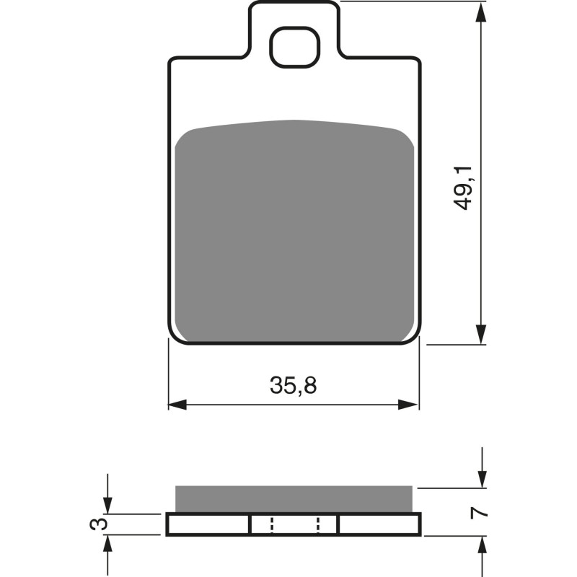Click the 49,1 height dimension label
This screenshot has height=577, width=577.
(464, 188)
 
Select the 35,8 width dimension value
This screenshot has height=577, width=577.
(294, 386)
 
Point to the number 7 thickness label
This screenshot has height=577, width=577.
(476, 514)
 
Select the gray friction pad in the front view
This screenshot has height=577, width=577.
(294, 231)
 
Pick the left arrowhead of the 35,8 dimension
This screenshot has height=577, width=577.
(176, 405)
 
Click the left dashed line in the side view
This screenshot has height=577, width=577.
(272, 524)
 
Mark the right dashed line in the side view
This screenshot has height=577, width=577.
(317, 524)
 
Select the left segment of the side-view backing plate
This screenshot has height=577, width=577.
(208, 524)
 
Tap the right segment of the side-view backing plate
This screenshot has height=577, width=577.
(379, 524)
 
